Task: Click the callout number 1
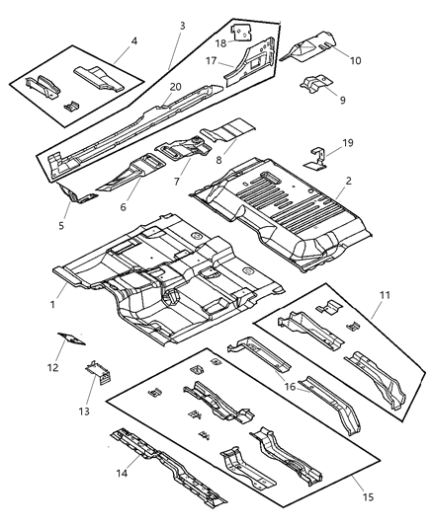52,305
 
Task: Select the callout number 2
348,182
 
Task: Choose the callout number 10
356,60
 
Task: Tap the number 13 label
84,411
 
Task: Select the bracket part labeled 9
314,86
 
